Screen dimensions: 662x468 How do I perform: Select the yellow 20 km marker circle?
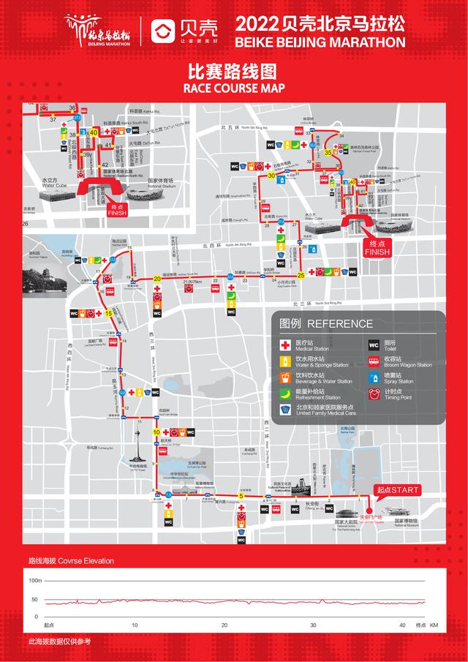click(x=157, y=278)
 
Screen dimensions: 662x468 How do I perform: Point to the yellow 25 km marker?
click(x=301, y=275)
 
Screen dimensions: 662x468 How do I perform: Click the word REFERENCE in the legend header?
click(x=339, y=324)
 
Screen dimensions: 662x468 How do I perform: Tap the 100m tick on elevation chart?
click(x=35, y=580)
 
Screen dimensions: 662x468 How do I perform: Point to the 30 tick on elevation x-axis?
click(x=313, y=625)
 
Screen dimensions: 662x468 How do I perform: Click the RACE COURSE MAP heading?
click(x=233, y=89)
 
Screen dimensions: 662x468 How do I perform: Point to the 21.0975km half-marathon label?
click(x=192, y=281)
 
